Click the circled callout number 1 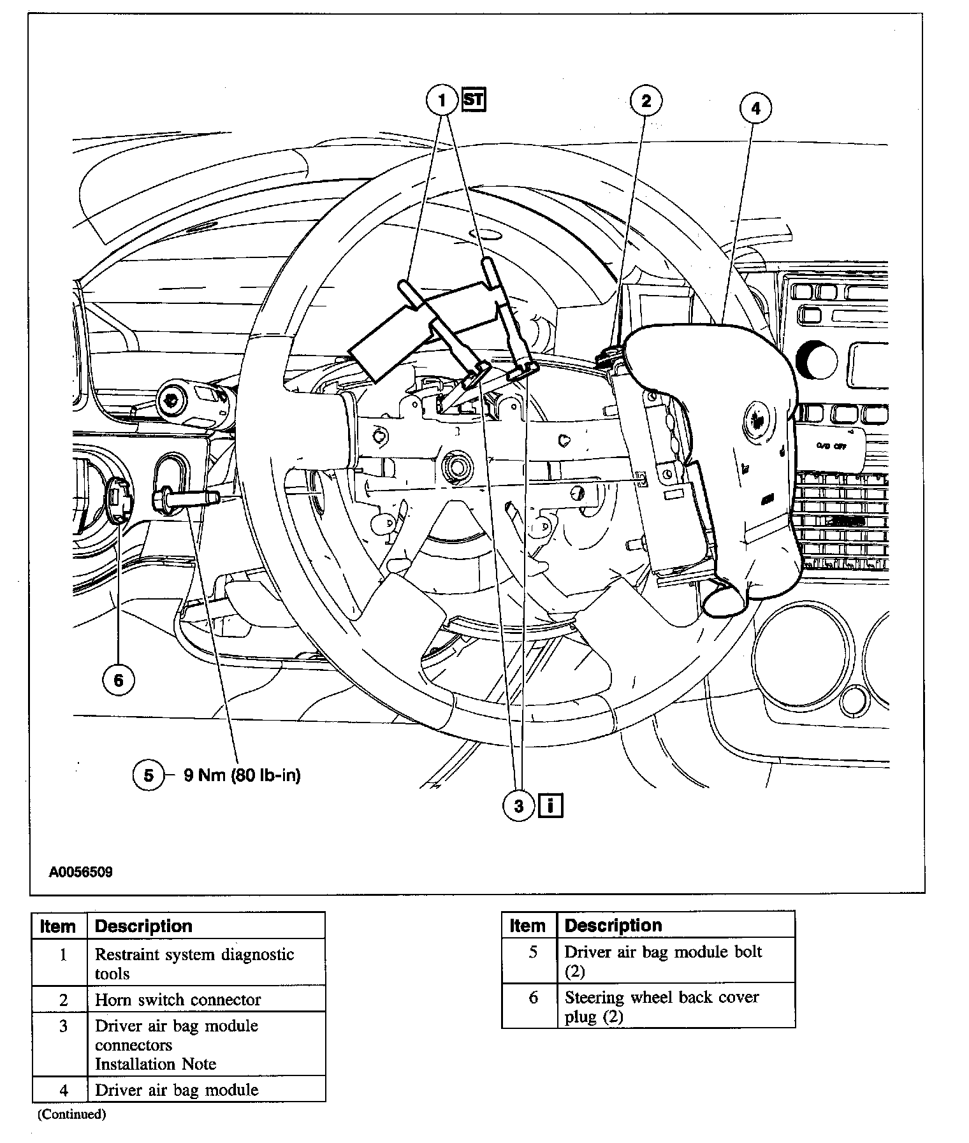pyautogui.click(x=442, y=100)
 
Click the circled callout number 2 pyautogui.click(x=646, y=101)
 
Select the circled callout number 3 pyautogui.click(x=519, y=806)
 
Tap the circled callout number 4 pyautogui.click(x=755, y=108)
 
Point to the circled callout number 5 pyautogui.click(x=149, y=775)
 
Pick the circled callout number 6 pyautogui.click(x=119, y=680)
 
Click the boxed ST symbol pyautogui.click(x=474, y=100)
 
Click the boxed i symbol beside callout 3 pyautogui.click(x=551, y=806)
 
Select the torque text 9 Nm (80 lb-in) pyautogui.click(x=242, y=775)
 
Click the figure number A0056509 pyautogui.click(x=81, y=872)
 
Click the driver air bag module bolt pyautogui.click(x=185, y=497)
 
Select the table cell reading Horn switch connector pyautogui.click(x=178, y=1000)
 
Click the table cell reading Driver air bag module pyautogui.click(x=177, y=1089)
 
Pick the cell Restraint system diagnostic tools pyautogui.click(x=194, y=963)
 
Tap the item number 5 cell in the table pyautogui.click(x=533, y=952)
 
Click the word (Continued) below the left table pyautogui.click(x=71, y=1114)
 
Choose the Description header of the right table pyautogui.click(x=613, y=924)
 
